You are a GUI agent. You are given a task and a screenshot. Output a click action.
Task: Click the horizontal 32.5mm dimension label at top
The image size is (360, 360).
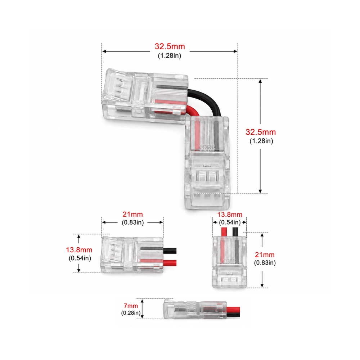tap(170, 46)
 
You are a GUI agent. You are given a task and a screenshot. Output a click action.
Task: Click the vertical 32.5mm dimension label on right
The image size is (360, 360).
tap(261, 132)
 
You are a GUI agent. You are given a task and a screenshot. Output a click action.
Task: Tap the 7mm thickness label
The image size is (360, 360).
tap(131, 306)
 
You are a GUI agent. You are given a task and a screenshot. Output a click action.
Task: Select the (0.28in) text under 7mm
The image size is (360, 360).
tap(131, 313)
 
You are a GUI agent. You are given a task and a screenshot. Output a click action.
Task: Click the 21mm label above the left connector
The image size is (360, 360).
tap(132, 215)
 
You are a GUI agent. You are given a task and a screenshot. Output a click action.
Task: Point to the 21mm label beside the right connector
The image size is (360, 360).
tap(265, 255)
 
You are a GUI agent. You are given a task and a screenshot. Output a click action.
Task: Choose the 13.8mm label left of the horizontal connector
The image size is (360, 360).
tap(79, 250)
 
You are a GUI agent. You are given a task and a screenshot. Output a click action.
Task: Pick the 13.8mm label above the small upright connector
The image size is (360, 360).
tap(230, 215)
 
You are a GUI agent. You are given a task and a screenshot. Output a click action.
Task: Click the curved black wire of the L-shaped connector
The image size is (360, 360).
tap(207, 99)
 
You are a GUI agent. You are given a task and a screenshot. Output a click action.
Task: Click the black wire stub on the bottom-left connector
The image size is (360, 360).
tap(170, 251)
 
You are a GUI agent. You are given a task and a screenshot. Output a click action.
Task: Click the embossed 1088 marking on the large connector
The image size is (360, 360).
tap(207, 147)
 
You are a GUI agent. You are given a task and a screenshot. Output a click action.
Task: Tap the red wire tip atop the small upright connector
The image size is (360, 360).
tap(224, 231)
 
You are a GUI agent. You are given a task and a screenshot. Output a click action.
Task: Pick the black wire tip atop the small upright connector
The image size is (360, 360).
tap(236, 231)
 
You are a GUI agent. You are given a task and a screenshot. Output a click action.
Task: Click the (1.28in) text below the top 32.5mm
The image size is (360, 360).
tap(170, 56)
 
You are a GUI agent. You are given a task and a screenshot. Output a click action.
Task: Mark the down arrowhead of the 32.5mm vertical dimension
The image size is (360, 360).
tap(260, 191)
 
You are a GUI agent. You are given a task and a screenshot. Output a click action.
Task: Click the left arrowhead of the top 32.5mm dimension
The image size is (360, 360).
tap(104, 51)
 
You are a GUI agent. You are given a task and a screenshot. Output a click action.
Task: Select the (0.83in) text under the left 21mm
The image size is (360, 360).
tap(132, 222)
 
